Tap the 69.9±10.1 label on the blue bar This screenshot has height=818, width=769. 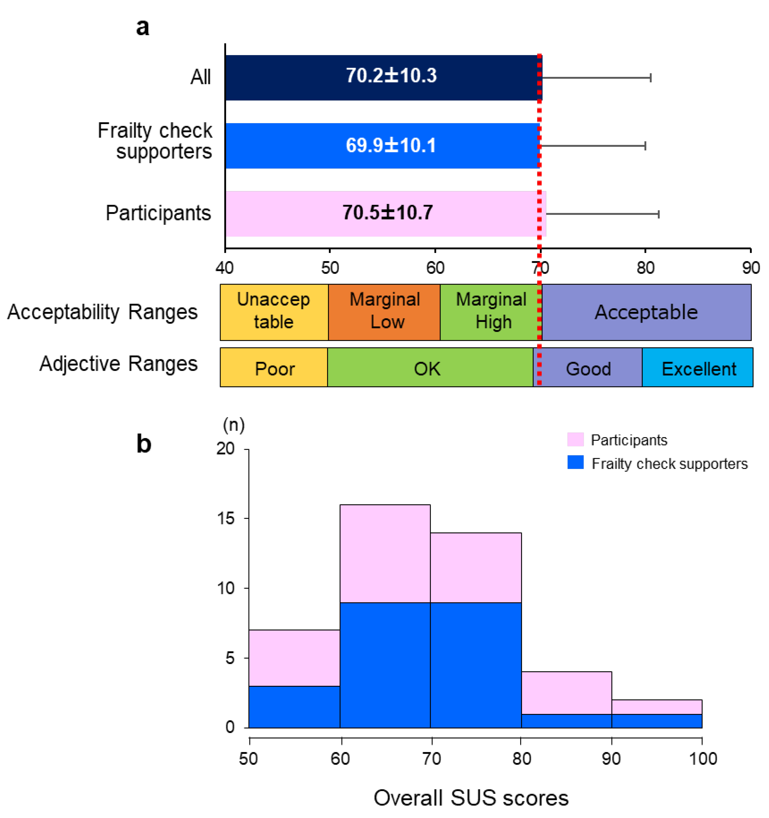pyautogui.click(x=391, y=146)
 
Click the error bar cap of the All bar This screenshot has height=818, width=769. pyautogui.click(x=650, y=78)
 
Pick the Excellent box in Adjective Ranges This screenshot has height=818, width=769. pyautogui.click(x=698, y=367)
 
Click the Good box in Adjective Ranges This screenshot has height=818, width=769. pyautogui.click(x=588, y=367)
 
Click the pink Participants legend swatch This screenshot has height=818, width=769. pyautogui.click(x=575, y=439)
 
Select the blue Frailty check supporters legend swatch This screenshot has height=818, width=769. pyautogui.click(x=575, y=463)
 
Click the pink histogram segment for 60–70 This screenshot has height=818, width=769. pyautogui.click(x=385, y=553)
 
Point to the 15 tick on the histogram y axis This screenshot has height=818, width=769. pyautogui.click(x=225, y=518)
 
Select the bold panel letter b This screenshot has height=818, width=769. pyautogui.click(x=144, y=444)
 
